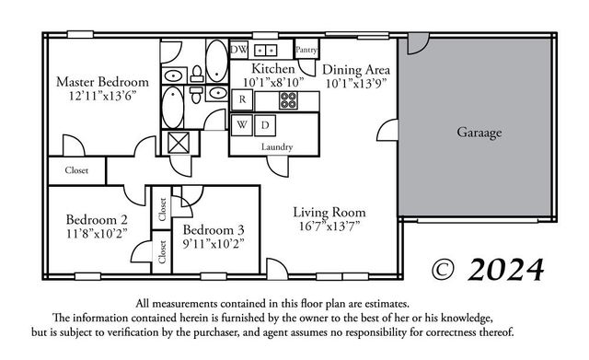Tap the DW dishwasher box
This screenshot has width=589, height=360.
237,49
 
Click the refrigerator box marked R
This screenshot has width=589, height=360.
241,99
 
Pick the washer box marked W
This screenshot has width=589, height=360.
241,123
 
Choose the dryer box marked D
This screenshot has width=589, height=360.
263,123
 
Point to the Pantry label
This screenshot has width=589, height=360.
306,49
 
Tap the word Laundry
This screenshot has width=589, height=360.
276,147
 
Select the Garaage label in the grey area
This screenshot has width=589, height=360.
479,133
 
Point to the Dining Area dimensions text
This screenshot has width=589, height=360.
356,84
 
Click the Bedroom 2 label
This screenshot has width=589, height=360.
97,219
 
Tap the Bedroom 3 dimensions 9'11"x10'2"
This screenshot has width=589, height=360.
213,245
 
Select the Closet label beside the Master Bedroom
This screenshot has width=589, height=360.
77,170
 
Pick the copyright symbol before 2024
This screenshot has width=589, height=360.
445,269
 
